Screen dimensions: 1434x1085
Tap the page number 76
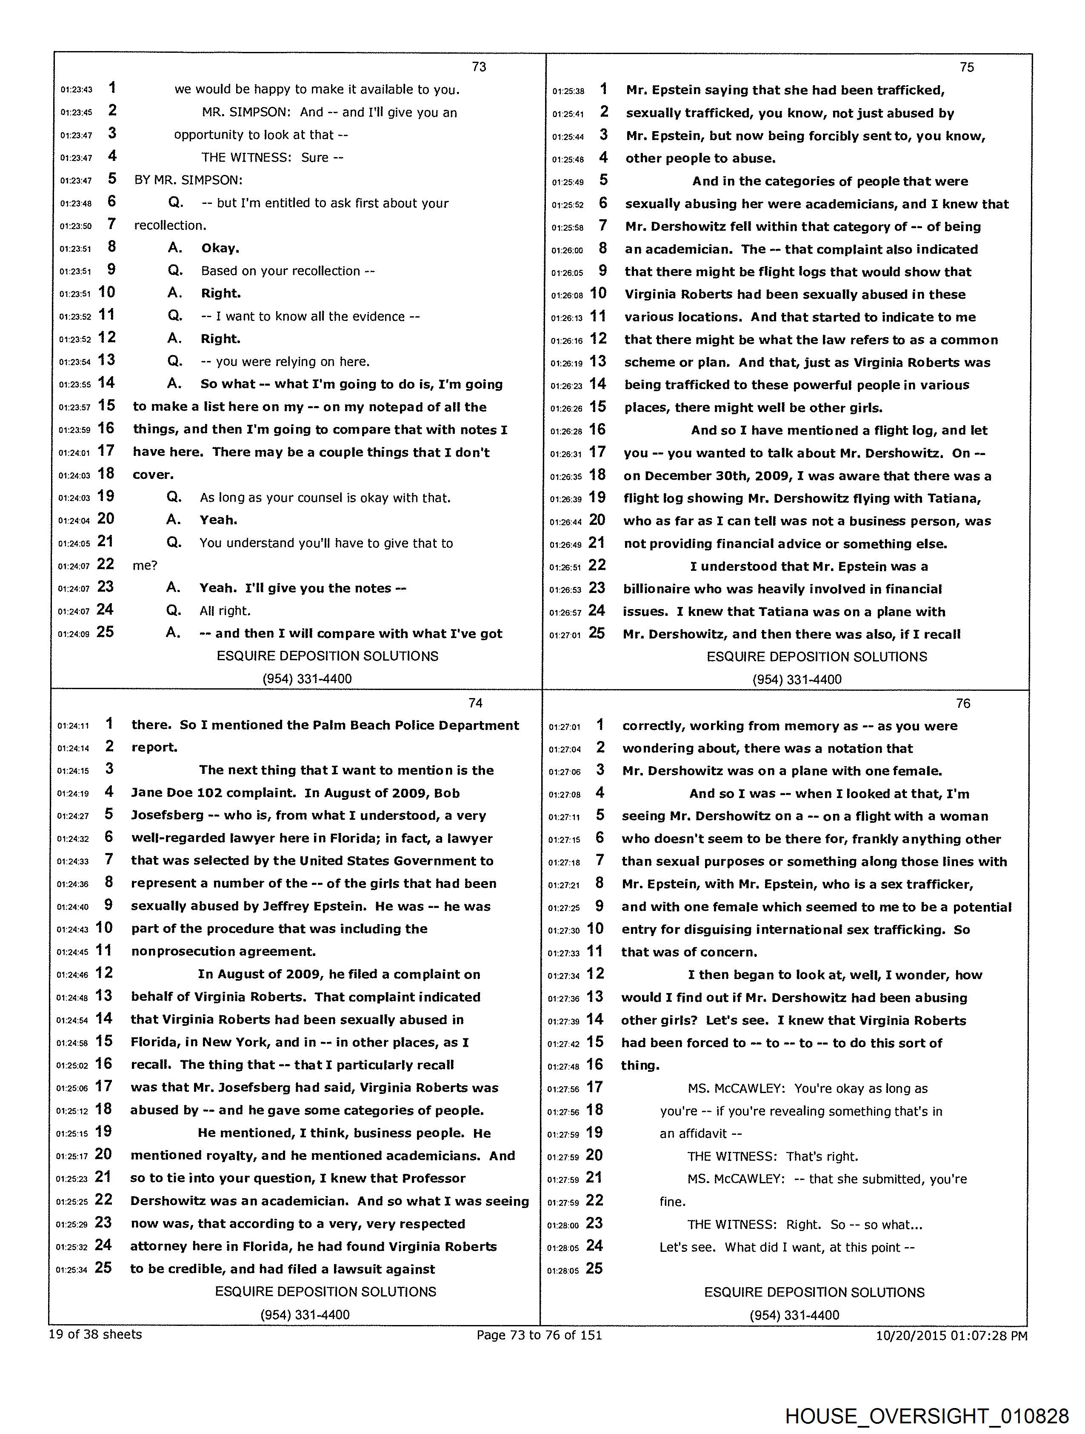click(963, 704)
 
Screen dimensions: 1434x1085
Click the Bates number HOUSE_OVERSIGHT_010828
click(927, 1416)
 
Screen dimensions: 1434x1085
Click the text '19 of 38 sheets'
click(95, 1334)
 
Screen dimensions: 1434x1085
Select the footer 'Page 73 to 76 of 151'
click(539, 1335)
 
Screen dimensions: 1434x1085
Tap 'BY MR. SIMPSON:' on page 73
click(188, 180)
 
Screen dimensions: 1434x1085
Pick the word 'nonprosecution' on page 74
click(177, 952)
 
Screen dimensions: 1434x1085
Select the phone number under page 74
click(305, 1315)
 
